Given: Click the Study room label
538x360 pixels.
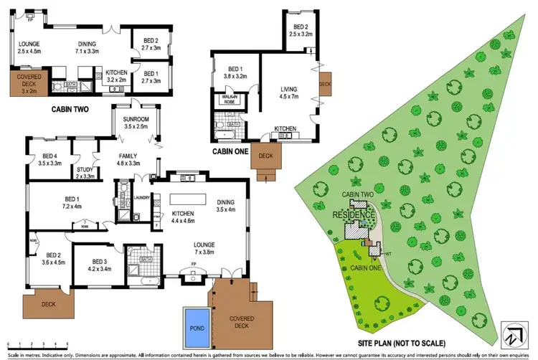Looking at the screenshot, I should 85,172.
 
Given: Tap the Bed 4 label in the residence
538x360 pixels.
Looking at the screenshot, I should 49,161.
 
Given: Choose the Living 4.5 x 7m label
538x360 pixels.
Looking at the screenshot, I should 288,94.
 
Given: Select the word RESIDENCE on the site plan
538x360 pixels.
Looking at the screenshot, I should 354,214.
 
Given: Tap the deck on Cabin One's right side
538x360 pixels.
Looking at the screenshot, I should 324,83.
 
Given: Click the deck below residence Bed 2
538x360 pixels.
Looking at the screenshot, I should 47,304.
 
